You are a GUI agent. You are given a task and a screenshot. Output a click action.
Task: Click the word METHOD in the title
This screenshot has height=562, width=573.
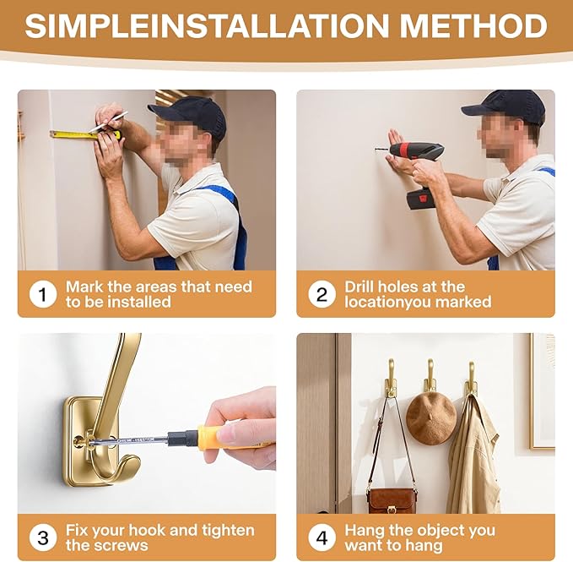point(473,25)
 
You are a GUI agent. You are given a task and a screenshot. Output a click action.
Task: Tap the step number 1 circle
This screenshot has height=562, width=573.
point(43,295)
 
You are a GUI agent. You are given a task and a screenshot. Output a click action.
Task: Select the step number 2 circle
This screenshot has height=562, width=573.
point(322,295)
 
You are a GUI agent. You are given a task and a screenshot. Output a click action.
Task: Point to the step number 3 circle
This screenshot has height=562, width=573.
point(43,537)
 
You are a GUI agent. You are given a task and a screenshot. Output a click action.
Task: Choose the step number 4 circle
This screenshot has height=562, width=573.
point(322,537)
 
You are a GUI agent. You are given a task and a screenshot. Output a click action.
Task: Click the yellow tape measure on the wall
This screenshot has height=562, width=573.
point(85,134)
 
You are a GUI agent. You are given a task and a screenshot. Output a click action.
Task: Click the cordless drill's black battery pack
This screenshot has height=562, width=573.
point(422,199)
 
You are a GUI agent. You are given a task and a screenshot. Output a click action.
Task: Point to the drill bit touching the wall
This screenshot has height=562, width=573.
point(382,150)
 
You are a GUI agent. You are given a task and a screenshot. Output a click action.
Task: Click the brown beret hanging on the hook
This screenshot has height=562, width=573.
point(431,418)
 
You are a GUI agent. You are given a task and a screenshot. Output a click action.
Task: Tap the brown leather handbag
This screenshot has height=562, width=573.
point(391,500)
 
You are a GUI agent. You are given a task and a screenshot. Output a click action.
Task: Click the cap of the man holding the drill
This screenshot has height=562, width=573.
point(506,106)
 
